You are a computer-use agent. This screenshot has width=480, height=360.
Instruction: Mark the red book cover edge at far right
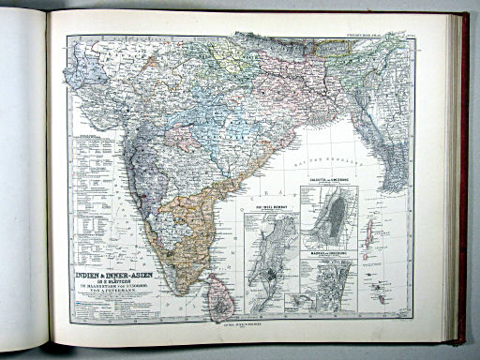tap(461, 178)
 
